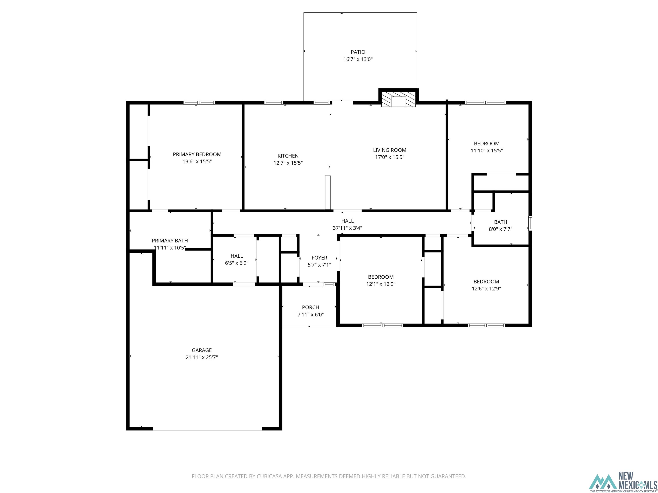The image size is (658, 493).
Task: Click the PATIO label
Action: point(358,52)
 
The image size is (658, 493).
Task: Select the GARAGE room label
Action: point(202,350)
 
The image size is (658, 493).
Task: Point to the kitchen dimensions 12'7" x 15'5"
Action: point(288,163)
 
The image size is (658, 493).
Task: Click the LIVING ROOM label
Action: point(390,150)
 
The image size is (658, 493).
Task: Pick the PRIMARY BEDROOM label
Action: point(197,154)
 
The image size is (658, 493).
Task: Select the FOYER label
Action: point(319,258)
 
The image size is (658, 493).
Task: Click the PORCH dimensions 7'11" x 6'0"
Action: point(311,314)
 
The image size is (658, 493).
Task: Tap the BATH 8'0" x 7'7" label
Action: point(500,225)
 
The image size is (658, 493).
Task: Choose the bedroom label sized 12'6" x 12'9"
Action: point(486,281)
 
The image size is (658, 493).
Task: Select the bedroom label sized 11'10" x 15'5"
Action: point(486,144)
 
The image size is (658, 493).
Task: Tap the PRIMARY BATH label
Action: point(170,241)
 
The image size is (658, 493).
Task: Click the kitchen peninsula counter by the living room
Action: point(328,193)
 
